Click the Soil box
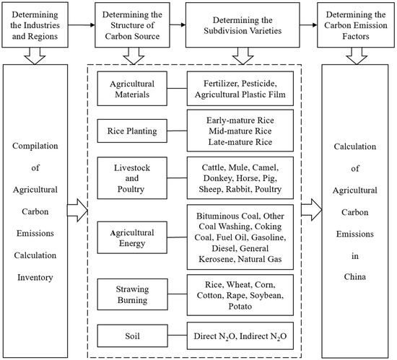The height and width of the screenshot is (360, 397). [132, 336]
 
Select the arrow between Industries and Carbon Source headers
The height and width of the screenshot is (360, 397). [86, 25]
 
